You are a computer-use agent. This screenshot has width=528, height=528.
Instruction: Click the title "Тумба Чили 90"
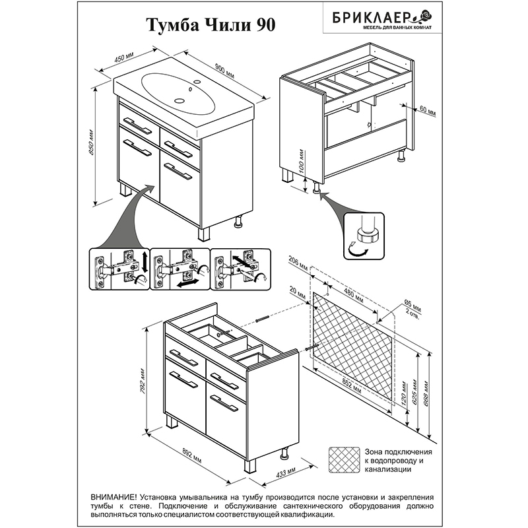(211, 25)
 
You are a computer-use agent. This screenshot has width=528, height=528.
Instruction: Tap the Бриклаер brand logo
(382, 19)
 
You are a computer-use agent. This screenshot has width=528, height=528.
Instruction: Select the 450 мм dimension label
(124, 58)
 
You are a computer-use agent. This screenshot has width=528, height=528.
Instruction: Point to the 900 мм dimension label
(224, 71)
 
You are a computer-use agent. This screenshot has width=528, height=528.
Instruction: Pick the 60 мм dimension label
(428, 111)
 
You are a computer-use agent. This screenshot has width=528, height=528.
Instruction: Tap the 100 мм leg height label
(302, 161)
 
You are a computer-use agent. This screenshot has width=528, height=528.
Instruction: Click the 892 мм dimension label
(192, 455)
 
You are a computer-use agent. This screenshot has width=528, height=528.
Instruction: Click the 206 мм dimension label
(298, 263)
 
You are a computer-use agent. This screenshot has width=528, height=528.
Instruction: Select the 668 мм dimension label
(426, 393)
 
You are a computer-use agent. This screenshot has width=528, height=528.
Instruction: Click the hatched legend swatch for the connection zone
(344, 459)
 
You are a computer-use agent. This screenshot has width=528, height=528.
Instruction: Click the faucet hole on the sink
(197, 81)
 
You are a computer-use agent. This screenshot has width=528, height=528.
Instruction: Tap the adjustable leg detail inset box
(364, 236)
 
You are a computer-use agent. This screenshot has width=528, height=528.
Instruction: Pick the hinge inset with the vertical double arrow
(119, 269)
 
